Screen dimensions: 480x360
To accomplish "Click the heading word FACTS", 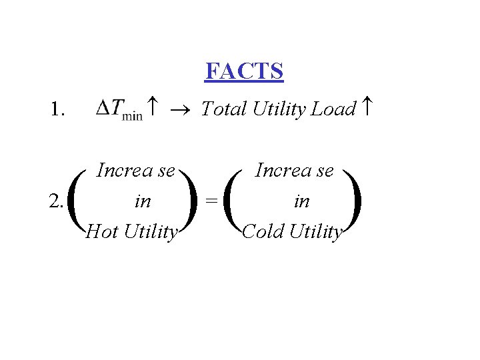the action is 244,71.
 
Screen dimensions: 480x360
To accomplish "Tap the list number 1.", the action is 57,109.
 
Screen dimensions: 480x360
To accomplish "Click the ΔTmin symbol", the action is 119,109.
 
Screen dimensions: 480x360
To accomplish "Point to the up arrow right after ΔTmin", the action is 153,107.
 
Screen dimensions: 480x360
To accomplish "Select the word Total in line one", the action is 224,108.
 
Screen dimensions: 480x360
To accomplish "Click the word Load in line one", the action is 333,108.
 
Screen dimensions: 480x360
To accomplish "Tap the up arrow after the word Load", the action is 366,107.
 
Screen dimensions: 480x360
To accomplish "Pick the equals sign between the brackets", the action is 211,200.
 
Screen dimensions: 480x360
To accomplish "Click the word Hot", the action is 102,231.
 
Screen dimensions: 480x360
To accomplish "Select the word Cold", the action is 261,231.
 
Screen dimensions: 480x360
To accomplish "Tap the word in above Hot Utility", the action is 142,201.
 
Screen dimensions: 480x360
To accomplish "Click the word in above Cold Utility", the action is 301,201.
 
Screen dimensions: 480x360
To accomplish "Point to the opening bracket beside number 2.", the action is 75,201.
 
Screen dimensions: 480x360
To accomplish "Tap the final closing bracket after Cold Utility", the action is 354,201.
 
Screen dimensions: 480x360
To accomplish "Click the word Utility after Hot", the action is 151,231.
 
